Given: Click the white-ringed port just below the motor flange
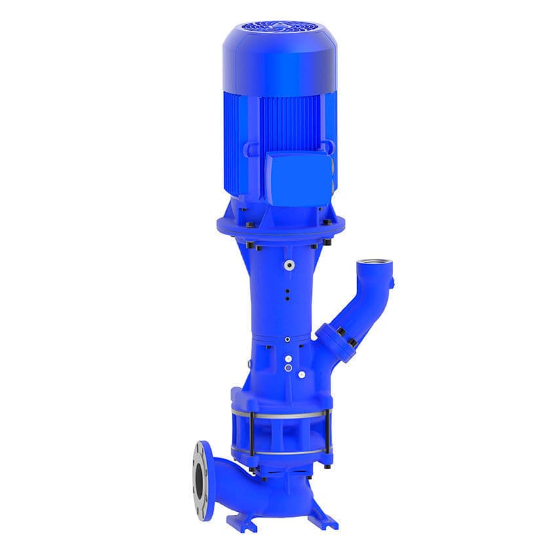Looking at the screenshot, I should click(288, 265).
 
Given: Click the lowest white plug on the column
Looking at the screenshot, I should click(301, 374).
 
